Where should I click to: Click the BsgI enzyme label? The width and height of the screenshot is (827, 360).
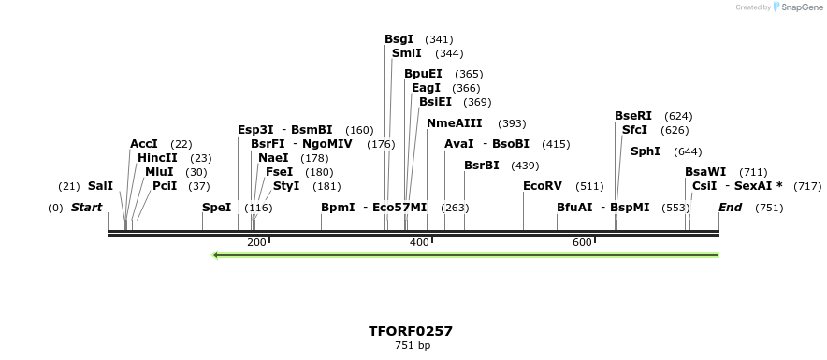click(399, 39)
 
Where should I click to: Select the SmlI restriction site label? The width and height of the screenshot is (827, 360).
click(407, 53)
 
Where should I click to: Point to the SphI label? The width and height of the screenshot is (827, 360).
click(646, 151)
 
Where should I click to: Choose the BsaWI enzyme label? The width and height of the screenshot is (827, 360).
click(705, 172)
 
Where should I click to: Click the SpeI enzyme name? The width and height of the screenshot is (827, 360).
click(216, 207)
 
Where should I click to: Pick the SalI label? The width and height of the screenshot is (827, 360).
click(100, 186)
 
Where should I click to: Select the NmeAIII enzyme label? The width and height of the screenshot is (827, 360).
click(455, 123)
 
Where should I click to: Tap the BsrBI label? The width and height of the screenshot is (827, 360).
click(482, 166)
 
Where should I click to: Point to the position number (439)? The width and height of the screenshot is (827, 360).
click(525, 166)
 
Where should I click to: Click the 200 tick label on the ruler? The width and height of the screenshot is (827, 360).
click(256, 243)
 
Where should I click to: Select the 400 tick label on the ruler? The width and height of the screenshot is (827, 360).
click(419, 243)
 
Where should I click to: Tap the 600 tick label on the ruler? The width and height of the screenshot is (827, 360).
click(582, 243)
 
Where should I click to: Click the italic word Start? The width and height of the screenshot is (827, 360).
click(86, 207)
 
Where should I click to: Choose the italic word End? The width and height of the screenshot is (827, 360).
click(730, 207)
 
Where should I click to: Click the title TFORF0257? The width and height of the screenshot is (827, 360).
click(411, 331)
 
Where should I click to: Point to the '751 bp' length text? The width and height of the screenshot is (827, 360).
click(413, 345)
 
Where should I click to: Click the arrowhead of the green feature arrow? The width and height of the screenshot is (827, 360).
click(217, 254)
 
